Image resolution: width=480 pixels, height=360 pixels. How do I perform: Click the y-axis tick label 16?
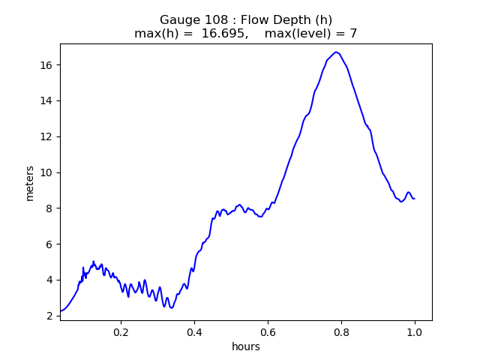point(46,65)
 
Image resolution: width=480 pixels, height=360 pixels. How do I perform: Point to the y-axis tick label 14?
point(46,101)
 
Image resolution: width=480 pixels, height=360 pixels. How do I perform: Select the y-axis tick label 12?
point(46,136)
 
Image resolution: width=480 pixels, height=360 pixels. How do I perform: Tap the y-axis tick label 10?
point(46,172)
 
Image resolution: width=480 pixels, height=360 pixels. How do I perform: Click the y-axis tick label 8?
point(49,208)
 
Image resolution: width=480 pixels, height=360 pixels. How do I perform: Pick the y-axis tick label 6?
point(49,244)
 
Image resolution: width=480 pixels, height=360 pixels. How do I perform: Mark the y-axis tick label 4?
point(49,280)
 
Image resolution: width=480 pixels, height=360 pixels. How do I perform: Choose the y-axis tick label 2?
point(49,316)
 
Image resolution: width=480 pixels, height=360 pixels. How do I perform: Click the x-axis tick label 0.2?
point(121,332)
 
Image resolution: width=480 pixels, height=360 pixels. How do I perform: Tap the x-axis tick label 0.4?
point(195,332)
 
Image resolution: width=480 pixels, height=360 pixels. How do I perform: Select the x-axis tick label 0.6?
point(268,332)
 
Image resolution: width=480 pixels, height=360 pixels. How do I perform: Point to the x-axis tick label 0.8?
point(342,332)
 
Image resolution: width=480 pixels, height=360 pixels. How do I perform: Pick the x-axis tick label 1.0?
point(415,332)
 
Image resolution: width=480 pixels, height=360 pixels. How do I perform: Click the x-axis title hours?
point(246,346)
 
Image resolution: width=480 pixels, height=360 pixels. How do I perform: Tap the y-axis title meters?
point(30,184)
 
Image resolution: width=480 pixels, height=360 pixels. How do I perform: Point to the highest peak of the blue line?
point(336,52)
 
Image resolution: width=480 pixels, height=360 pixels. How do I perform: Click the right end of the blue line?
point(415,199)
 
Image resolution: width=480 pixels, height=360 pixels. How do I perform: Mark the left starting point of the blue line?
point(61,311)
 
